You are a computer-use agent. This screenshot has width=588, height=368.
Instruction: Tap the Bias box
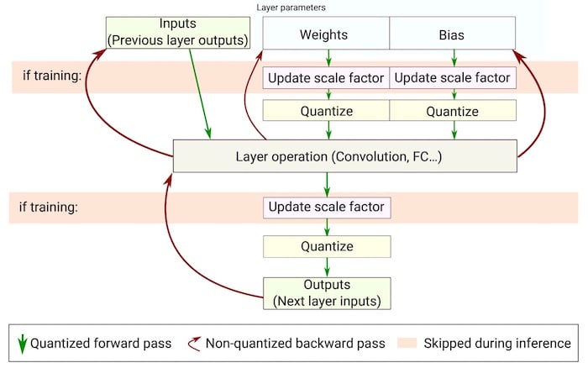(454, 35)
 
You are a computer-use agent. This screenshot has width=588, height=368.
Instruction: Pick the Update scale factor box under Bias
(454, 78)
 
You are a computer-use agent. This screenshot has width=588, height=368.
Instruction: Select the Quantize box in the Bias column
(454, 111)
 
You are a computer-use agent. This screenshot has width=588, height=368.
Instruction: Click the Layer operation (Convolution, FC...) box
(344, 155)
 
